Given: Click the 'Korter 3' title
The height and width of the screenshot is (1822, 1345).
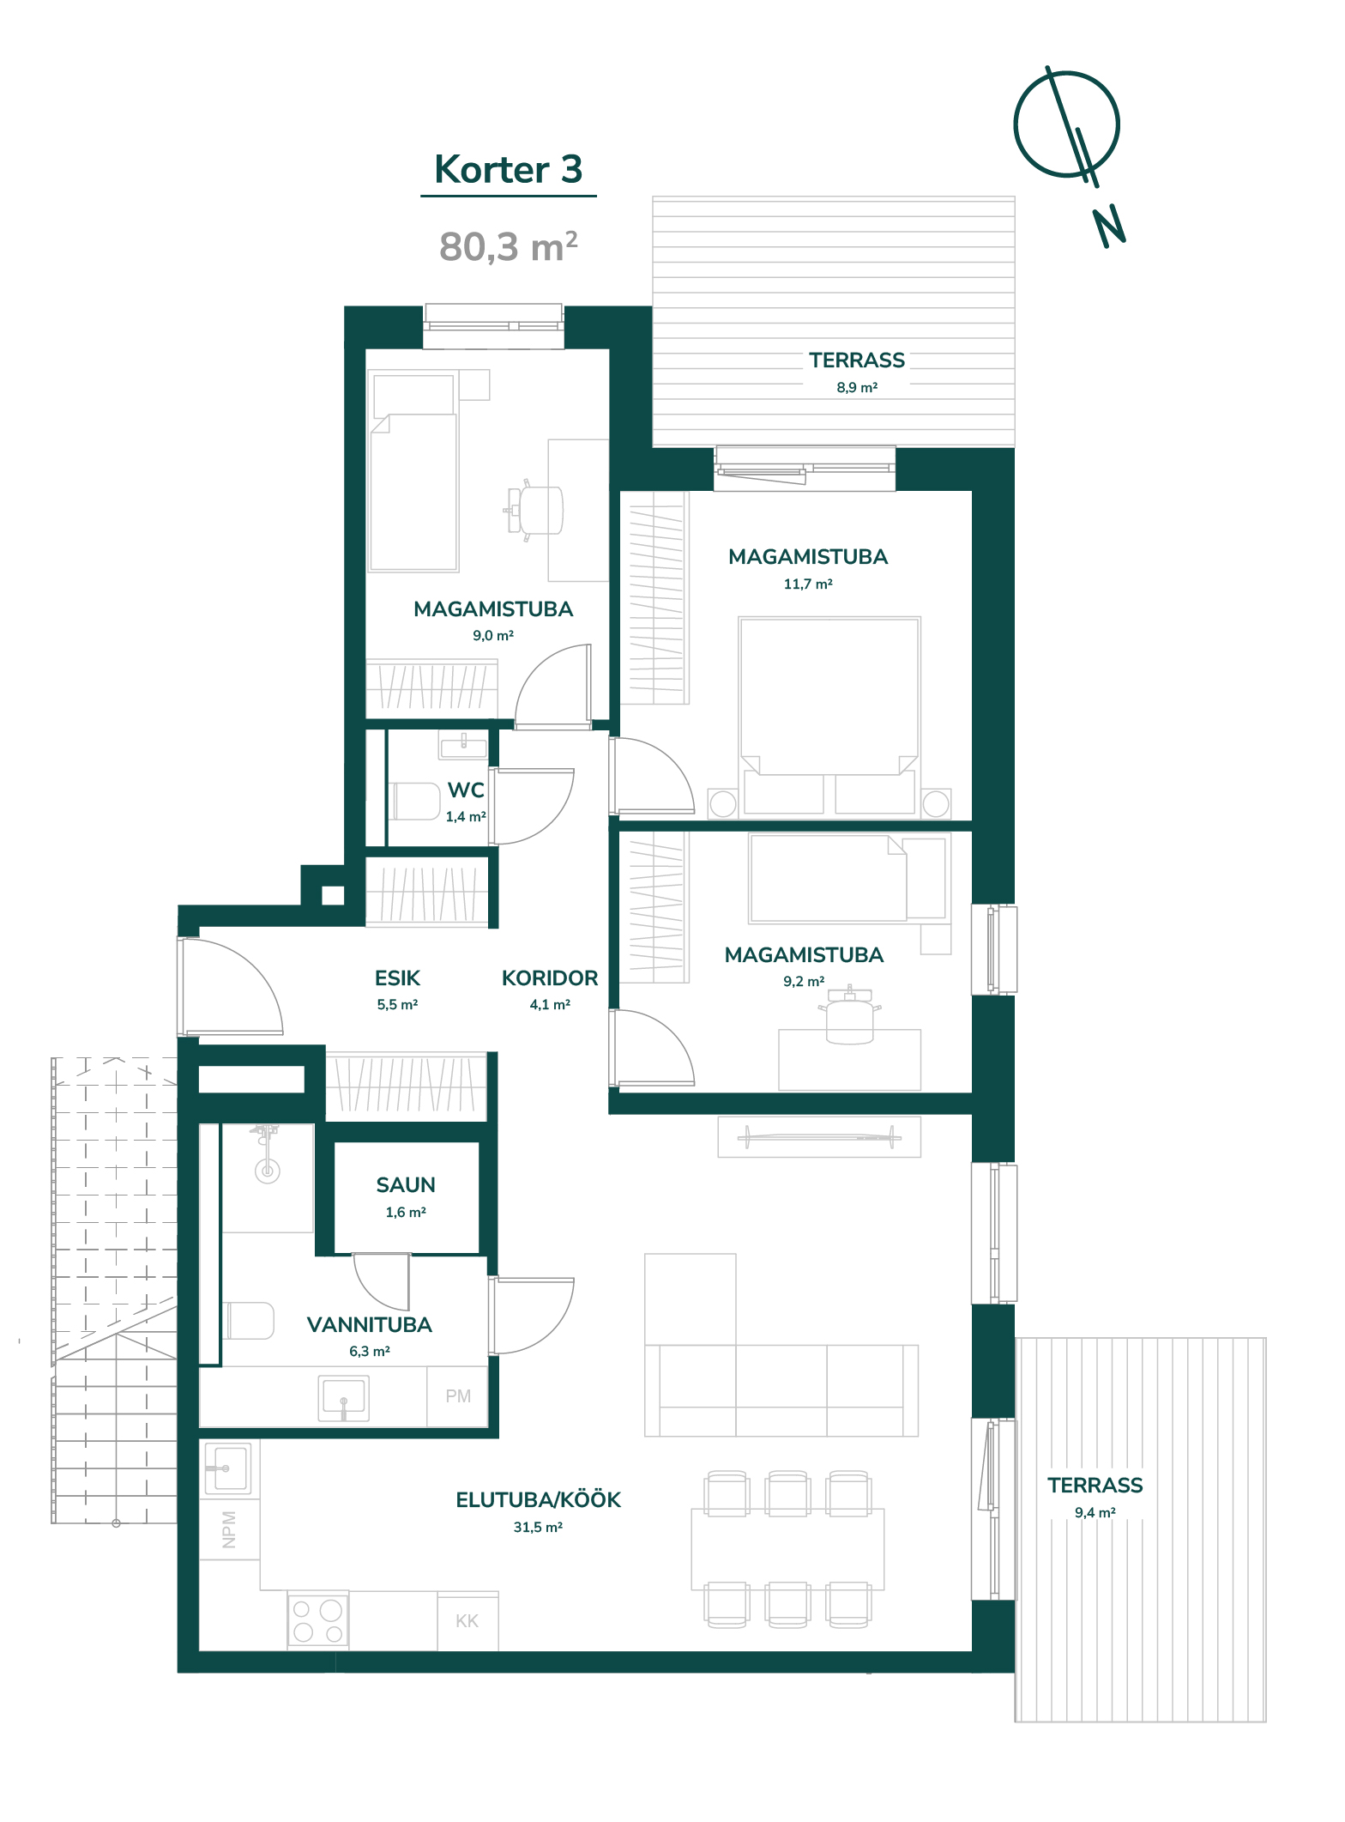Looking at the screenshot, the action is pos(509,169).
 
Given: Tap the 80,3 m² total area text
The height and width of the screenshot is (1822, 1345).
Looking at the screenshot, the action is pos(508,247).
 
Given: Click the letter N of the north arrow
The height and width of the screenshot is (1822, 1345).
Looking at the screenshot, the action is pos(1109,227).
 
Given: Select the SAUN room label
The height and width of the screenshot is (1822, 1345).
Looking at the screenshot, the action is pos(406,1185).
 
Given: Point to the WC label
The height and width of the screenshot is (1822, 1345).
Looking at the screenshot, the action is pos(466,790).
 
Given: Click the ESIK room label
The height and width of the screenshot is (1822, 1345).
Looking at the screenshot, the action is pos(397,978).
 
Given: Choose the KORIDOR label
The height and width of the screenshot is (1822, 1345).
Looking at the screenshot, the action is pos(550,978).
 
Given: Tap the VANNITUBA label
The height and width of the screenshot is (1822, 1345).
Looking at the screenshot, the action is pos(370,1325).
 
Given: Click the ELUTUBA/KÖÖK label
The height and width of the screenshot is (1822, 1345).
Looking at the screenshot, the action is pos(538,1499).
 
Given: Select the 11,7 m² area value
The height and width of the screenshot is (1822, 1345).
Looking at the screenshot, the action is pos(808,584).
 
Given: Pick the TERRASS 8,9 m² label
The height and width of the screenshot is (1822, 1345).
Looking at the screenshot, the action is pos(857,372).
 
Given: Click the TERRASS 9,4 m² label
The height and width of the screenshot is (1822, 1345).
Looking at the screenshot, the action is pos(1095,1497).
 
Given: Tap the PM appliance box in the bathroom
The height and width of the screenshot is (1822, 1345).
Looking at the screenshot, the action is pos(458,1396).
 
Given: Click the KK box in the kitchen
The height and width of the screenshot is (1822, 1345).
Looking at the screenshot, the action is pos(467,1621).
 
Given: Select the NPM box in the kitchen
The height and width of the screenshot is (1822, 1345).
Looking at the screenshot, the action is pos(229,1529).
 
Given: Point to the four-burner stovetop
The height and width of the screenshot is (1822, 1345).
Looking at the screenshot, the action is pos(318,1621).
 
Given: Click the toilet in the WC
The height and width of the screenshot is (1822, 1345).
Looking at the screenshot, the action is pos(416,801).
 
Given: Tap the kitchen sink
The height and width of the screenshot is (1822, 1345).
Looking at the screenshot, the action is pos(227,1469).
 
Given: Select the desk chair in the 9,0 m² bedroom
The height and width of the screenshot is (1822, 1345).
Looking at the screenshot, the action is pos(536,510).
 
